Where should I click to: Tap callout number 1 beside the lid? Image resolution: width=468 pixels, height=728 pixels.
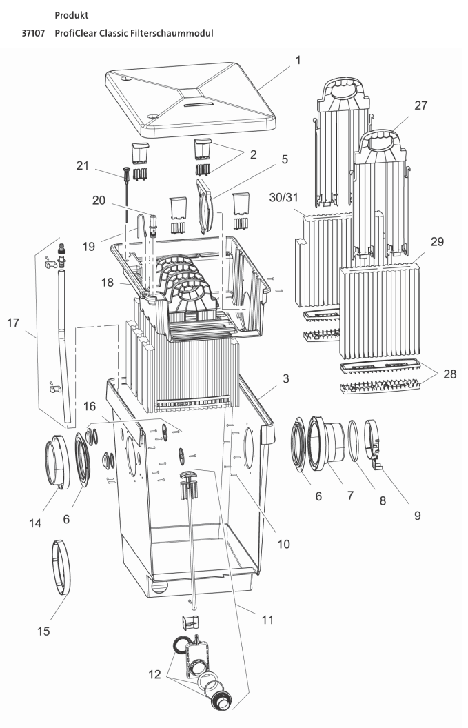298,61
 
